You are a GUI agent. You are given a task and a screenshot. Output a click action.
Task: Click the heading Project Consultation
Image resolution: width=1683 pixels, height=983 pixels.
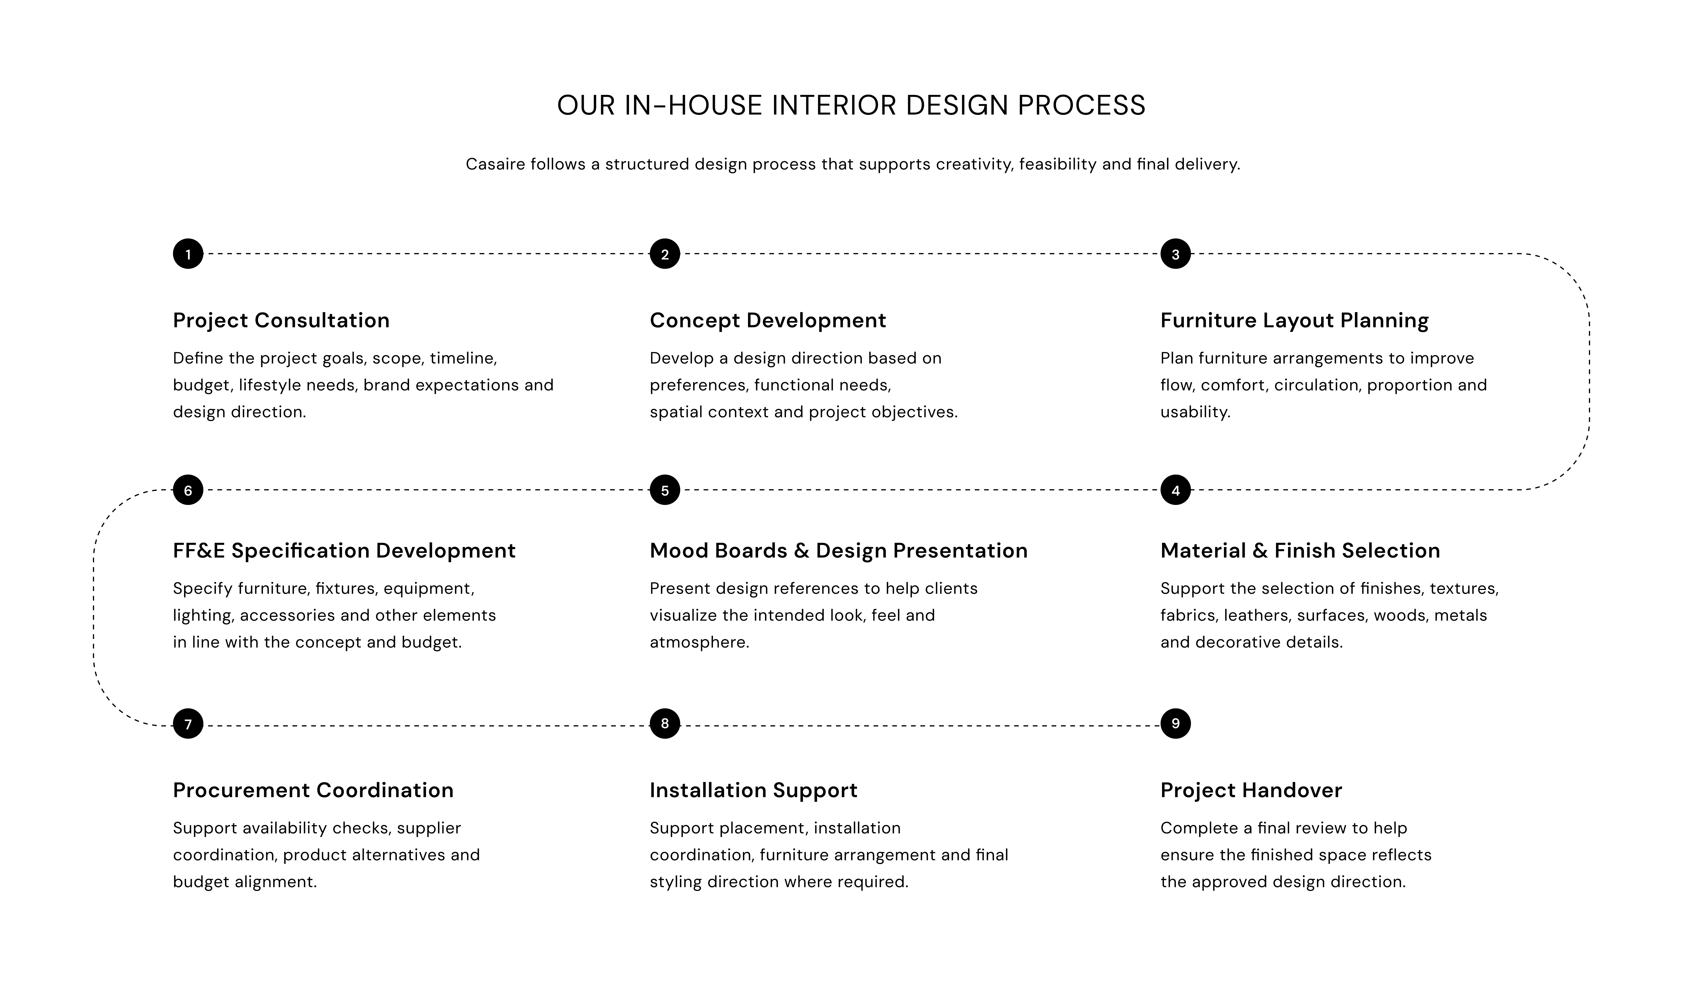click(281, 321)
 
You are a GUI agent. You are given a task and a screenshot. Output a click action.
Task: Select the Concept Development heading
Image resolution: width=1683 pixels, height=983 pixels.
click(768, 321)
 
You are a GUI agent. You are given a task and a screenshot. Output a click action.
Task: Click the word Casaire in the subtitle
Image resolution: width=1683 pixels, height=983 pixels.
click(495, 164)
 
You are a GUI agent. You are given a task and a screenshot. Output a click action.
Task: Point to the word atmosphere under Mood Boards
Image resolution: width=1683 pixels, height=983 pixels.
click(699, 642)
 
